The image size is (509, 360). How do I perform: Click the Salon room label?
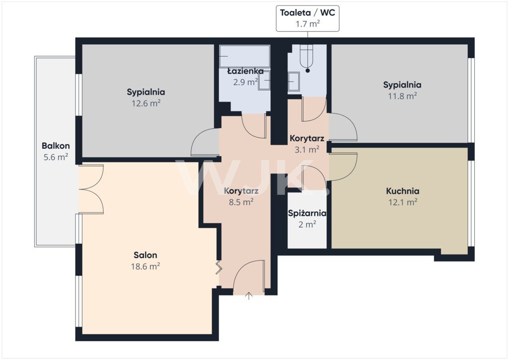point(145,255)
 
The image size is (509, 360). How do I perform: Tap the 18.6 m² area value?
point(145,267)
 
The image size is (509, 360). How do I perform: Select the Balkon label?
point(56,146)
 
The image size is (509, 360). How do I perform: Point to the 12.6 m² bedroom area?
point(146,103)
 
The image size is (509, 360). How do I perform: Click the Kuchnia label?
point(403,191)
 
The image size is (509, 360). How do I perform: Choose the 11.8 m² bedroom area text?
point(403,96)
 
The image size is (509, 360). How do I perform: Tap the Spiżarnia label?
point(307,213)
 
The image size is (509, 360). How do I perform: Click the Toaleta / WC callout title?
point(307,12)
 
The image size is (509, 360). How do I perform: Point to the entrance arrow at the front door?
point(249,296)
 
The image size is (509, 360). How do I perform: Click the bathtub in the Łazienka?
point(245,56)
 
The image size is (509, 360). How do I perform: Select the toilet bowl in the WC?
point(306,56)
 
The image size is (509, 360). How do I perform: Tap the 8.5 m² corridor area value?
point(241,202)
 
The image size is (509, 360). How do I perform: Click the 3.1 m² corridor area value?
point(307,150)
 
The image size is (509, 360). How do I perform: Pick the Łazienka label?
point(245,71)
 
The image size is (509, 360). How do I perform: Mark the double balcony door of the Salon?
point(91,189)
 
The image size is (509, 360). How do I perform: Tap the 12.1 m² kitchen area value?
point(403,202)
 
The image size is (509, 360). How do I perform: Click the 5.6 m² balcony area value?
point(56,158)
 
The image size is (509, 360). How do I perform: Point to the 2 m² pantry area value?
point(307,224)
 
